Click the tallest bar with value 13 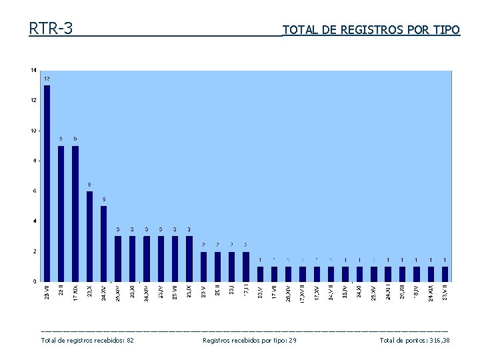tap(47, 183)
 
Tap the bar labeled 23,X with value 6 tap(89, 236)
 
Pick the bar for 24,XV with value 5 tap(103, 243)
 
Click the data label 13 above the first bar tap(47, 79)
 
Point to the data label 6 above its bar tap(89, 185)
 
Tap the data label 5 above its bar tap(103, 199)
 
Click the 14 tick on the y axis tap(33, 70)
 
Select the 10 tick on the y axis tap(33, 131)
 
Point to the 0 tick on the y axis tap(35, 281)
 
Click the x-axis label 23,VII tap(47, 293)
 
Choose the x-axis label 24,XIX tap(431, 293)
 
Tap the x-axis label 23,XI tap(132, 293)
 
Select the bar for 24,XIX tap(431, 274)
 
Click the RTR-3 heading tap(51, 29)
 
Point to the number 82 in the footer tap(129, 341)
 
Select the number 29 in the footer tap(293, 341)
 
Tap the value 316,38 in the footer tap(437, 341)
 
